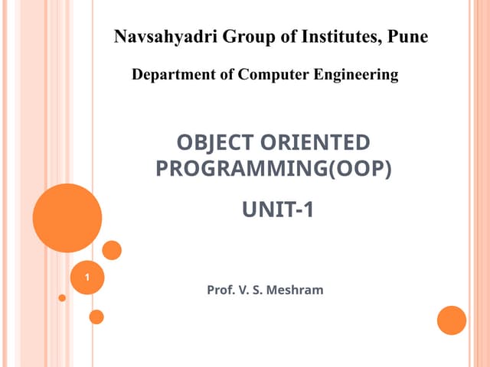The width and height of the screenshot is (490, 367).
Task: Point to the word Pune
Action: [x=408, y=36]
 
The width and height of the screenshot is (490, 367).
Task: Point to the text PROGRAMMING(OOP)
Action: [x=273, y=168]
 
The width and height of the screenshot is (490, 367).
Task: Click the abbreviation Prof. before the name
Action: [x=220, y=291]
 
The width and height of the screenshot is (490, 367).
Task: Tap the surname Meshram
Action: [x=296, y=291]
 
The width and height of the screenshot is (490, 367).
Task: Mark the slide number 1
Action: [x=87, y=277]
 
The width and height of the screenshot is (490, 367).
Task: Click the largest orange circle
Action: [x=67, y=218]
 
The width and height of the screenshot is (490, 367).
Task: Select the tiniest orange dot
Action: [x=62, y=298]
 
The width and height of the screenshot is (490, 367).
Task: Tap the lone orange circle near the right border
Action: [x=452, y=320]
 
